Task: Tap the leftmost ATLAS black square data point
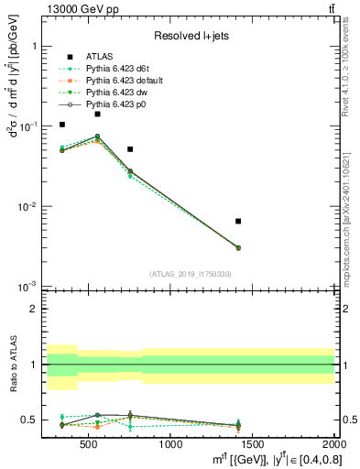[62, 125]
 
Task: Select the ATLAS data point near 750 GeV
[130, 148]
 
